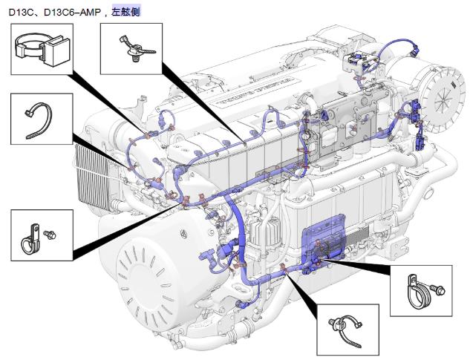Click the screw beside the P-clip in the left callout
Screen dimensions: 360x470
(x=50, y=235)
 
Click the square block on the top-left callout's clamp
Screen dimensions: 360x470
(x=54, y=52)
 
